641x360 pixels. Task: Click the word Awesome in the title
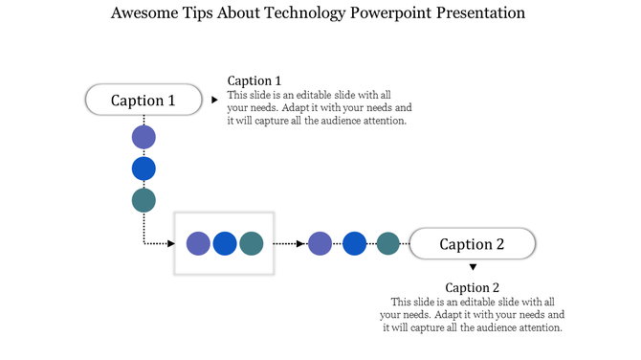tap(142, 13)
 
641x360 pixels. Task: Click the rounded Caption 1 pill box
tap(144, 100)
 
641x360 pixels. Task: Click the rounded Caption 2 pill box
tap(472, 244)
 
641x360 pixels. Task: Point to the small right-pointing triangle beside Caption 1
tap(213, 99)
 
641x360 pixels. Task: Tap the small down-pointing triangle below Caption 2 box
tap(472, 267)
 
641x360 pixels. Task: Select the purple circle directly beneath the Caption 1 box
tap(144, 137)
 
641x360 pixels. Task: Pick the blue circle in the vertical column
tap(144, 169)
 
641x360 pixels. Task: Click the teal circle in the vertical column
tap(144, 200)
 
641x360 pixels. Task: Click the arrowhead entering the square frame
tap(169, 243)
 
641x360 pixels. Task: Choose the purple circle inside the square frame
tap(198, 243)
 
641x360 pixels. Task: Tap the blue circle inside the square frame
tap(225, 243)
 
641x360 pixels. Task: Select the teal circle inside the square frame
tap(251, 243)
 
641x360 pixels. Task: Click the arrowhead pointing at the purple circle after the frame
tap(303, 243)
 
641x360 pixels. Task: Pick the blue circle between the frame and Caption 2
tap(355, 243)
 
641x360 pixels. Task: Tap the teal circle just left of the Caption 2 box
tap(387, 243)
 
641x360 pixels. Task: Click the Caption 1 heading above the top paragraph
tap(254, 80)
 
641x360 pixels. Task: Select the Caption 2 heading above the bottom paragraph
tap(472, 287)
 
